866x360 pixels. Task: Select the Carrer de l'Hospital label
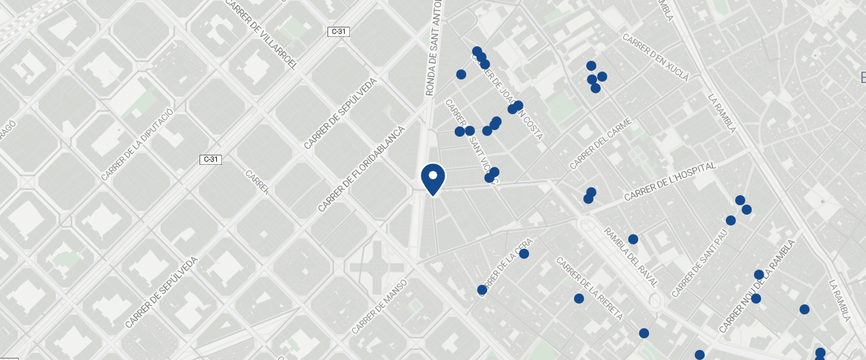pyautogui.click(x=669, y=181)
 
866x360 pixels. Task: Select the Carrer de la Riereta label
pyautogui.click(x=590, y=288)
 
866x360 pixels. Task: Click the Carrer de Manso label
pyautogui.click(x=380, y=307)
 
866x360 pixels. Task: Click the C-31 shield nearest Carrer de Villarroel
pyautogui.click(x=338, y=31)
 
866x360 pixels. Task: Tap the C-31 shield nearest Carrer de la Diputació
pyautogui.click(x=211, y=158)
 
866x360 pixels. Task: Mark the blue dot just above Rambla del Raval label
pyautogui.click(x=633, y=239)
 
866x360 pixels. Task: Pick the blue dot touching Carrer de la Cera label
pyautogui.click(x=524, y=254)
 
